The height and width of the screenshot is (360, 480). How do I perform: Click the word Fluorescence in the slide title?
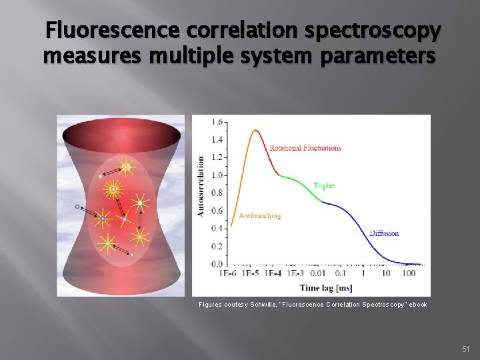coord(112,30)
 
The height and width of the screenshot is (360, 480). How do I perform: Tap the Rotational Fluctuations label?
coord(305,148)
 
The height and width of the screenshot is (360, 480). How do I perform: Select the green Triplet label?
coord(324,186)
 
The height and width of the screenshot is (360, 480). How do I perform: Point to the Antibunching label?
coord(260,216)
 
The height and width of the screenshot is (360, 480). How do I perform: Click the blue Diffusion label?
coord(384,233)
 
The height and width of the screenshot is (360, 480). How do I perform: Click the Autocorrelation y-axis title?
coord(201,186)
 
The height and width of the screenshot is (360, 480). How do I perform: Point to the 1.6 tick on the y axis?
coord(217,123)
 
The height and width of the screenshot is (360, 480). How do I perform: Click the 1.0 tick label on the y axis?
coord(217,175)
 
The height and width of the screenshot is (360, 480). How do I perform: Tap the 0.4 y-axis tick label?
coord(217,229)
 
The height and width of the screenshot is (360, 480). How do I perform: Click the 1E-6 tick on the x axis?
coord(228,273)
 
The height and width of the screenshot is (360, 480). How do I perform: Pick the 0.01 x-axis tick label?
coord(317,273)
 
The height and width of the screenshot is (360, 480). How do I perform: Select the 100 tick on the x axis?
coord(409,273)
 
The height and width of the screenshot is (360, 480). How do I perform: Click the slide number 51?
coord(466,348)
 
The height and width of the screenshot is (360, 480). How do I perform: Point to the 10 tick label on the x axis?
coord(386,273)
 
